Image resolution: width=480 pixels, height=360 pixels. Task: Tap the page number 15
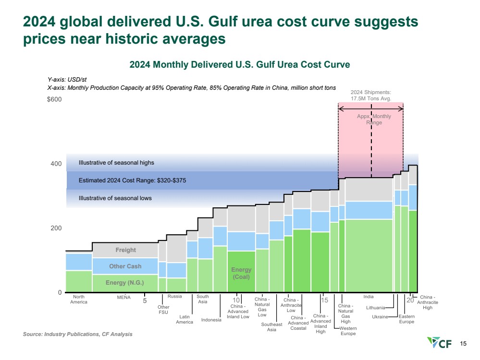pos(463,344)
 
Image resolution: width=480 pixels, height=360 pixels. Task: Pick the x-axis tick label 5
pos(145,301)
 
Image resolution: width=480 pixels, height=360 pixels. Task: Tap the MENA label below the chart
pos(124,297)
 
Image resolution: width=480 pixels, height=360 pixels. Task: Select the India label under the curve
pos(369,297)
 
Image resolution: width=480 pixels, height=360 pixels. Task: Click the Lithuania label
pos(375,307)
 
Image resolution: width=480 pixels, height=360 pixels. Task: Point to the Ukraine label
pos(380,317)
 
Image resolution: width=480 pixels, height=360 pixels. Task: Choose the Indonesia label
pos(211,320)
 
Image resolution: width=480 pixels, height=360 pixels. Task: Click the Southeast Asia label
pos(271,327)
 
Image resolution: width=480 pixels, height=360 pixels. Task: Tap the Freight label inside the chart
pos(125,250)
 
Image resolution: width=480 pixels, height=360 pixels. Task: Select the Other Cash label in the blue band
pos(125,266)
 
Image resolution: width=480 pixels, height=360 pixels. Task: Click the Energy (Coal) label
pos(241,273)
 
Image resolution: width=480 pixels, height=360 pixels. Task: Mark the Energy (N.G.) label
pos(124,283)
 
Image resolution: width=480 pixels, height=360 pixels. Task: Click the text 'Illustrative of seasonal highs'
pos(116,163)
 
